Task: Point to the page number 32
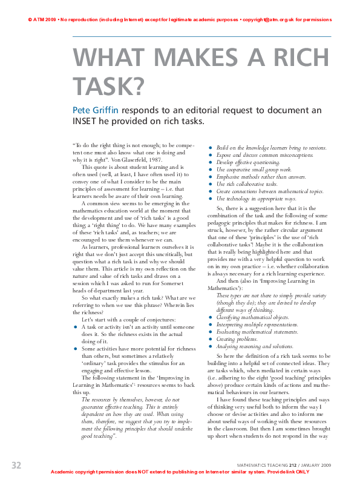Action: click(16, 464)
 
